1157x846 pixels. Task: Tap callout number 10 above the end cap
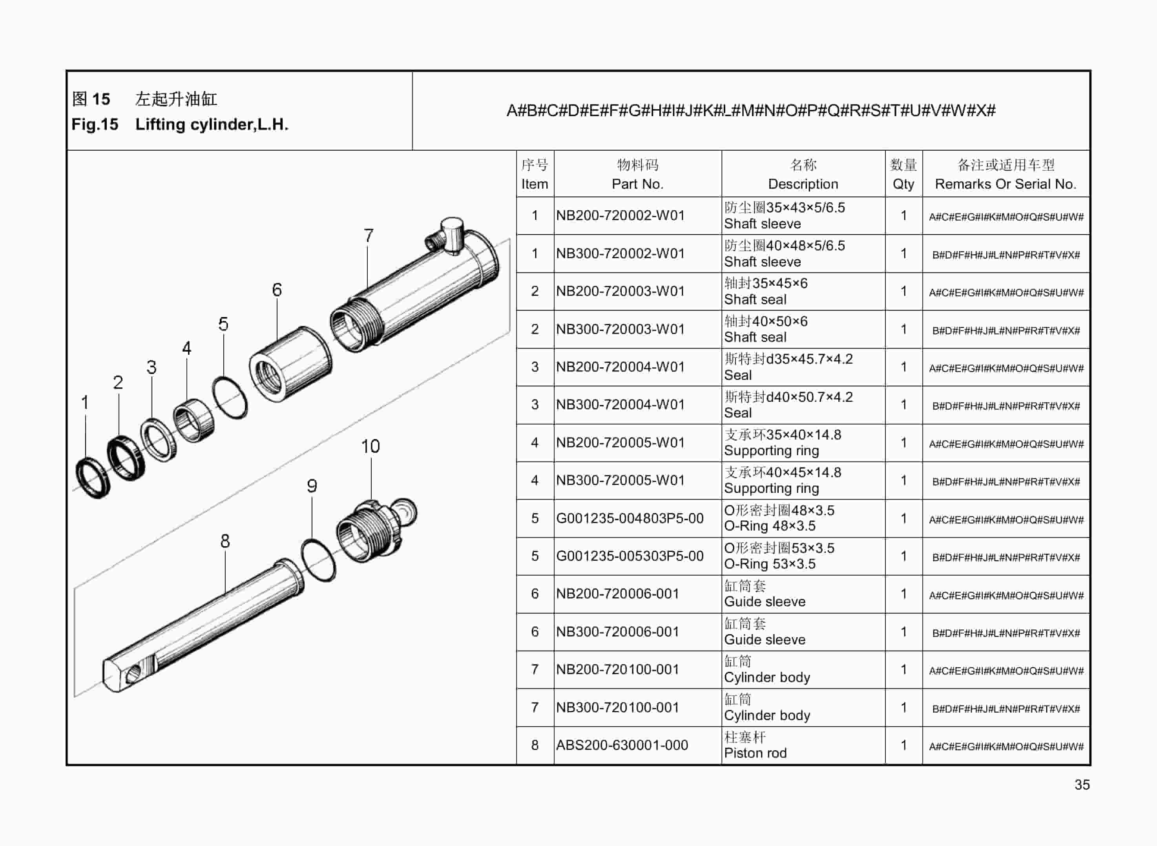point(370,446)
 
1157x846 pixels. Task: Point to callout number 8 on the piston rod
point(225,541)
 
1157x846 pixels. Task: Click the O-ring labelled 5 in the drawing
point(230,398)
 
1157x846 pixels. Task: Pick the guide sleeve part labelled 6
point(290,365)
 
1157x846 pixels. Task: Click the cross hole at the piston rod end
point(132,675)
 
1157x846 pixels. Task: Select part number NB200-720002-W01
point(620,215)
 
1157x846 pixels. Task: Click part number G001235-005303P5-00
point(630,556)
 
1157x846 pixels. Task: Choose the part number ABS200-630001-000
point(622,745)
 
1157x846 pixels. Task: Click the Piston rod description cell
point(755,753)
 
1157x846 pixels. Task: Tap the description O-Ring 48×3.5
point(769,526)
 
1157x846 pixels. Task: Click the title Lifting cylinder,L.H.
point(212,124)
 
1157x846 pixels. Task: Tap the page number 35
point(1082,784)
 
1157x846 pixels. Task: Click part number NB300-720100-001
point(617,707)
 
